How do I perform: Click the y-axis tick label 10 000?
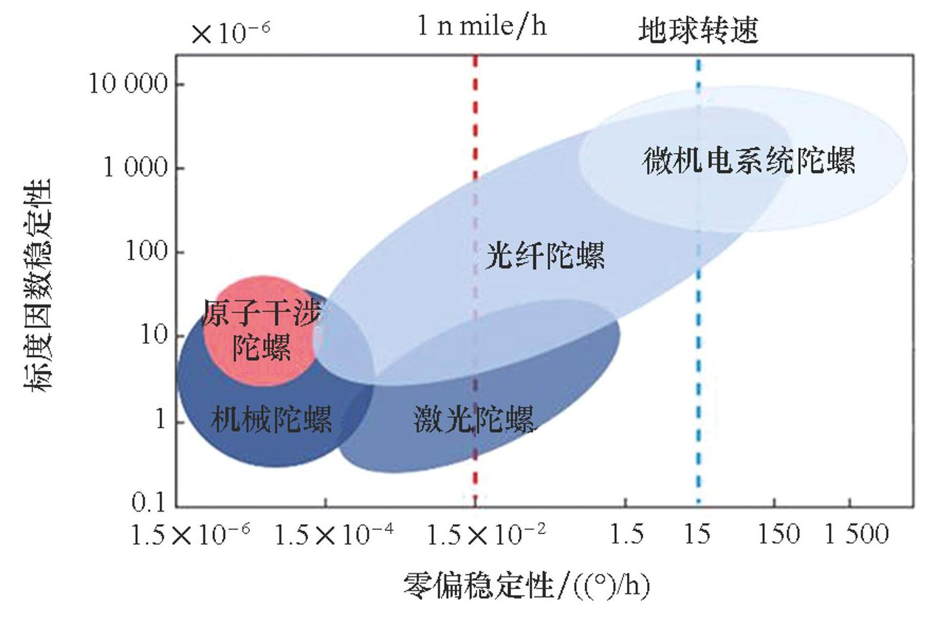pos(128,84)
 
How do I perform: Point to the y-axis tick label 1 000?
pos(136,168)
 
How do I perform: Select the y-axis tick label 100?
pos(147,251)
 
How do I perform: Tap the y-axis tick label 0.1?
pos(149,502)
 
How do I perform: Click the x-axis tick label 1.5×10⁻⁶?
pos(190,535)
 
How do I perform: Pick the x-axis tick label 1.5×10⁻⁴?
pos(334,535)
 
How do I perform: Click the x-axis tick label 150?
pos(778,535)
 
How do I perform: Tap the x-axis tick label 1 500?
pos(857,535)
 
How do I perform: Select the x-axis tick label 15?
pos(697,535)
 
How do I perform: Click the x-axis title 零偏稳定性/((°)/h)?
pos(526,586)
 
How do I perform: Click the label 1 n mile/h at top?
pos(482,26)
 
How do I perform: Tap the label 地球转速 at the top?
pos(698,30)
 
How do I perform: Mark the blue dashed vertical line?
pos(698,378)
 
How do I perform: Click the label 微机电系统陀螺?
pos(748,161)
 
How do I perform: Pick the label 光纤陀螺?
pos(545,255)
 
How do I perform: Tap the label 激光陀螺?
pos(473,419)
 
